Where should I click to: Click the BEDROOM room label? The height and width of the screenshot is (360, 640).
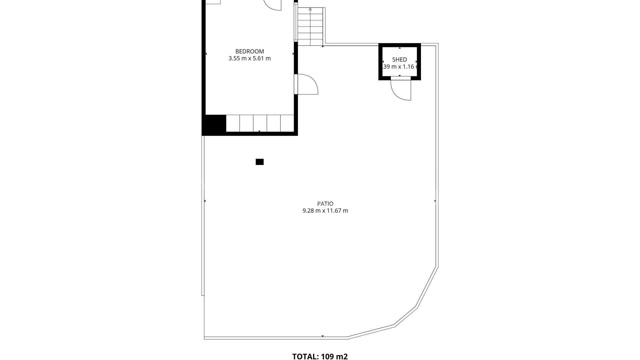pos(249,51)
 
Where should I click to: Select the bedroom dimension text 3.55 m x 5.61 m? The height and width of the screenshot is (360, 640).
pos(249,59)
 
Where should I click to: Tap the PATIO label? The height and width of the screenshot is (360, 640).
pos(325,204)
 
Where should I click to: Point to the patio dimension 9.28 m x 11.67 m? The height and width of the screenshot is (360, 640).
pos(325,211)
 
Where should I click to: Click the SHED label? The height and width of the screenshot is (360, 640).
pos(399,60)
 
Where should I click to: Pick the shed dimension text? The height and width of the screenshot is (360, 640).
pos(399,67)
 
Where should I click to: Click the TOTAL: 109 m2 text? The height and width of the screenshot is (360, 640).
pos(320,357)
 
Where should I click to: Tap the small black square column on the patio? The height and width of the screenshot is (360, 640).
pos(260,162)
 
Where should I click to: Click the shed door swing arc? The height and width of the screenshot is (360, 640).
pos(400,90)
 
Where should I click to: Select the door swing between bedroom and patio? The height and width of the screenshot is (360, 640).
pos(307,85)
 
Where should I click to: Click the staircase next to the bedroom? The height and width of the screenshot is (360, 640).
pos(310,27)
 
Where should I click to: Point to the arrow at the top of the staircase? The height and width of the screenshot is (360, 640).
pos(310,9)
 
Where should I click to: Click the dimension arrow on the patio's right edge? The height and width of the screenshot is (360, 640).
pos(435,201)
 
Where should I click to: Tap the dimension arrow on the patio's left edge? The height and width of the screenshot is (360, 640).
pos(205,201)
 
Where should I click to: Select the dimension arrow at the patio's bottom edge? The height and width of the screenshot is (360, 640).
pos(323,336)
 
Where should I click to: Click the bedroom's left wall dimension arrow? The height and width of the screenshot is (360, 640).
pos(206,54)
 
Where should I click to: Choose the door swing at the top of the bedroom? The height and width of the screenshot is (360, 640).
pos(273,5)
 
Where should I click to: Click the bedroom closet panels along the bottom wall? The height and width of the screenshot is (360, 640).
pos(260,123)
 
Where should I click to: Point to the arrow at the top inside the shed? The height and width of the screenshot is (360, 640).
pos(400,48)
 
